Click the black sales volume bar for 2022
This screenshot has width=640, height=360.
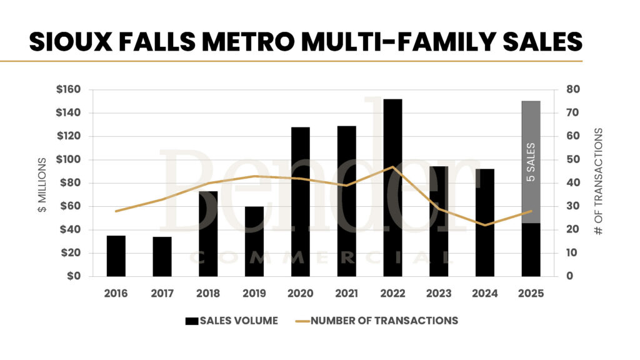[x=392, y=187]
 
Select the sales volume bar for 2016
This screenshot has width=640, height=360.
[x=116, y=256]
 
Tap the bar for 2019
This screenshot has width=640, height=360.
[x=254, y=241]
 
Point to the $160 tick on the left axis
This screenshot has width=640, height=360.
[x=68, y=89]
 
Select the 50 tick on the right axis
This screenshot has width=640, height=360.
[x=573, y=159]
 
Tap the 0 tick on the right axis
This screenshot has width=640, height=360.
[x=571, y=276]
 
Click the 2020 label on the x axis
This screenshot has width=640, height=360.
[x=300, y=293]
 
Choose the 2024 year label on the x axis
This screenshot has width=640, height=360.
[x=484, y=293]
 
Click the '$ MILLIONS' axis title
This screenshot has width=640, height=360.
[x=42, y=185]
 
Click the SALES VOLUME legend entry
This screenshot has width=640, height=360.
[x=232, y=321]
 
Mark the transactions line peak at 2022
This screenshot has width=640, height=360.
[x=392, y=167]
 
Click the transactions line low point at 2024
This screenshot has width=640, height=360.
[x=484, y=225]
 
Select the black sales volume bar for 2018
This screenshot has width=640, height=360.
[x=208, y=234]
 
